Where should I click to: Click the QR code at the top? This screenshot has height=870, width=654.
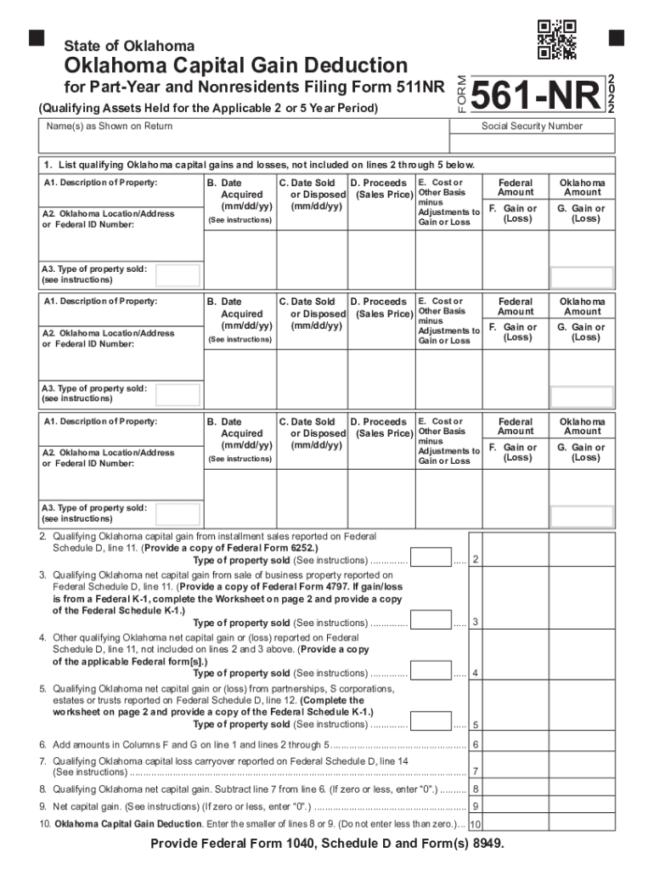557,39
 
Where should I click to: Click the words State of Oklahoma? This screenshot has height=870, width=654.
130,45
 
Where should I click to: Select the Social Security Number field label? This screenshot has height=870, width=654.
532,126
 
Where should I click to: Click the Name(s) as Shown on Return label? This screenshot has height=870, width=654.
110,126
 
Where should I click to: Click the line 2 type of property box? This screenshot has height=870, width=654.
431,557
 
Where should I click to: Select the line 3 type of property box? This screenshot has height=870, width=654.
431,620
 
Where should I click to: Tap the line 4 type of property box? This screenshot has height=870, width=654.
431,671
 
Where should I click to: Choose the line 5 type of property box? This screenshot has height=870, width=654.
431,722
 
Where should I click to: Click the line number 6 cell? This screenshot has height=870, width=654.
476,744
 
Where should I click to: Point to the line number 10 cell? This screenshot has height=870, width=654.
476,824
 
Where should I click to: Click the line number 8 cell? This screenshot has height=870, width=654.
476,788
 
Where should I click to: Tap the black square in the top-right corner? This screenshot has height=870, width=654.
616,37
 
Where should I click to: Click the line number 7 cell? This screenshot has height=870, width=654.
476,771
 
